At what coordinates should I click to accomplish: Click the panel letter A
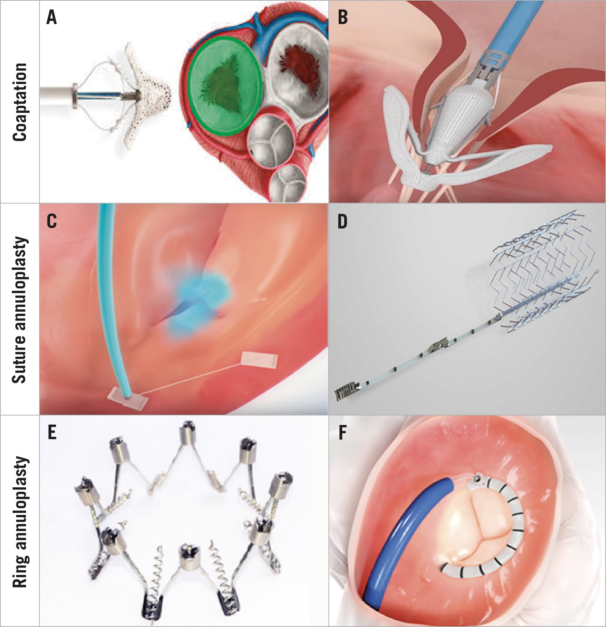[x=51, y=18]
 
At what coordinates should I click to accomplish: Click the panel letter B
[x=343, y=18]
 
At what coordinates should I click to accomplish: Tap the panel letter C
[x=52, y=221]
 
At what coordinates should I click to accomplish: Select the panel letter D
[x=342, y=221]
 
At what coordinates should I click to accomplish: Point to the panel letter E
[x=52, y=433]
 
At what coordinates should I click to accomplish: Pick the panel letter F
[x=342, y=433]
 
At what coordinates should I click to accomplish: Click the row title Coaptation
[x=20, y=102]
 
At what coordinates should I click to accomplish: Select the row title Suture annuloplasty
[x=20, y=310]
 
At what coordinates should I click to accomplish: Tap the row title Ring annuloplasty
[x=20, y=522]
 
